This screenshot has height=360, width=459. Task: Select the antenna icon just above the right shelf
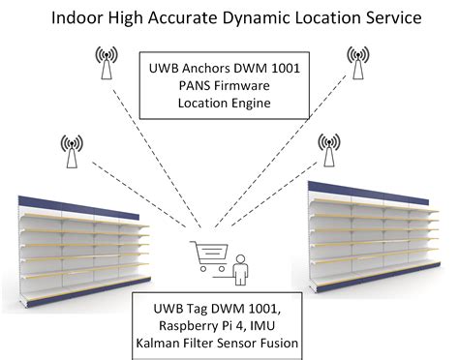(327, 146)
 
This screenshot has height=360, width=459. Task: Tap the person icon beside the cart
(238, 263)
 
